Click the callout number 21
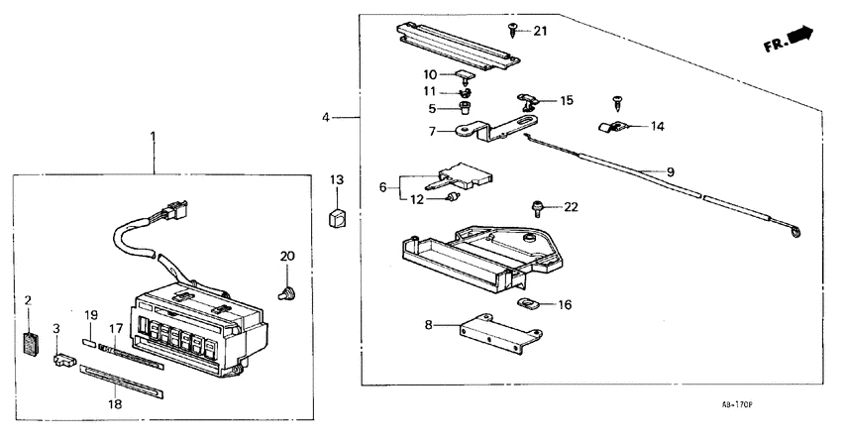click(540, 31)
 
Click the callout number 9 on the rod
click(670, 171)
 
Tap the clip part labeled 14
click(612, 127)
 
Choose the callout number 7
click(432, 131)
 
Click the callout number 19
click(90, 315)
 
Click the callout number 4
click(326, 118)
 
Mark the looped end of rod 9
click(792, 233)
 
